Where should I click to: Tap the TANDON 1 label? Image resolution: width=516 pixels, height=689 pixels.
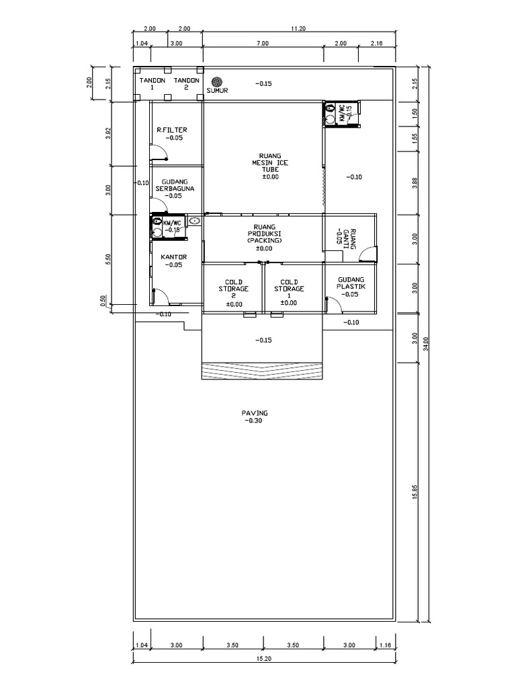point(153,83)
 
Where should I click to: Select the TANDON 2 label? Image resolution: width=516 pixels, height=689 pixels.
point(187,83)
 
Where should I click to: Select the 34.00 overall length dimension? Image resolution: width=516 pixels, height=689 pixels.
point(425,344)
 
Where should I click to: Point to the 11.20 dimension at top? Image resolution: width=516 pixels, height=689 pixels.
point(298,28)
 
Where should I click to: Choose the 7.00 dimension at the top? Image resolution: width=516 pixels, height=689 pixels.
point(263,43)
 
